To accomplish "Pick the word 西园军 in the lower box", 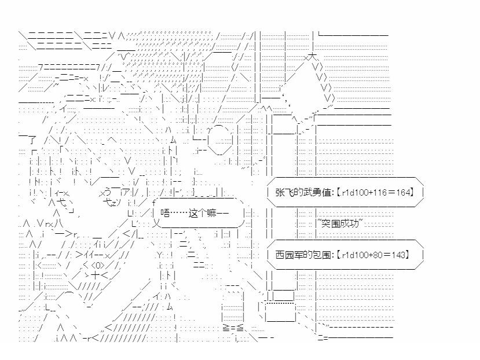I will pyautogui.click(x=287, y=254).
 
